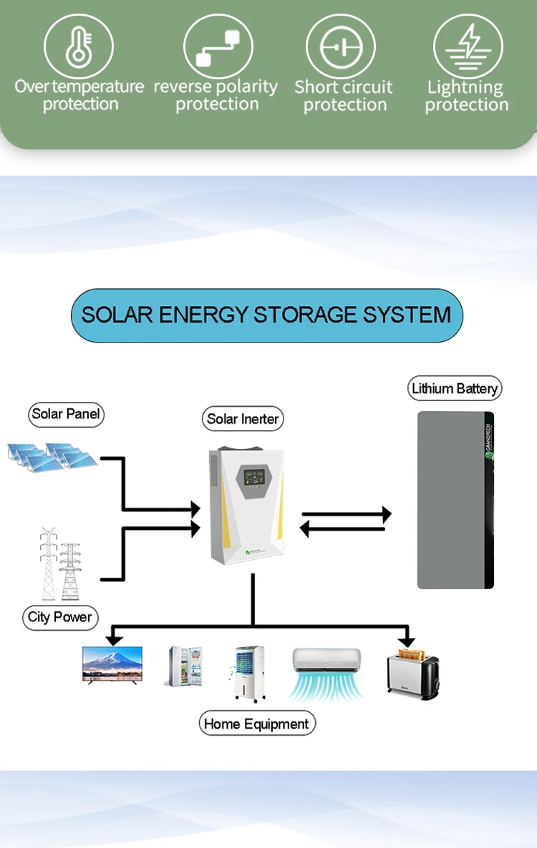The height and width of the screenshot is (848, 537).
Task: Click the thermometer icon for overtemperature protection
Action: tap(79, 46)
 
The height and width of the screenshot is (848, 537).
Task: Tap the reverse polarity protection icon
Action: tap(218, 46)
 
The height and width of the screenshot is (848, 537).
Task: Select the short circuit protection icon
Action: tap(341, 47)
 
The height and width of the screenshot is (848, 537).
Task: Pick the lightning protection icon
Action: tap(468, 47)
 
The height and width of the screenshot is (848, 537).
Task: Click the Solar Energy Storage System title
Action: tap(267, 315)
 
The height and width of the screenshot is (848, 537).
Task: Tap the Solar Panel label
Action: tap(66, 414)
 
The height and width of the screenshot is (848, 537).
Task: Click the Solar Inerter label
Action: tap(243, 418)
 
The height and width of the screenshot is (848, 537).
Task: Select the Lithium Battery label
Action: tap(455, 388)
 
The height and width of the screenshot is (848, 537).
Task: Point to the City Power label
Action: tap(60, 617)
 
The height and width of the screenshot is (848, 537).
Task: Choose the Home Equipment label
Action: tap(256, 724)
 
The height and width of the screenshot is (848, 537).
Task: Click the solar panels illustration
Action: tap(52, 457)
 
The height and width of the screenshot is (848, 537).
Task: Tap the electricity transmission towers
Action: tap(59, 564)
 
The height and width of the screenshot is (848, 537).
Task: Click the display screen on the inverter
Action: tap(253, 477)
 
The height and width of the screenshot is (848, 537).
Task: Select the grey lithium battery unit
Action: tap(455, 501)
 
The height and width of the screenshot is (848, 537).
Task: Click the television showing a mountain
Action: tap(112, 665)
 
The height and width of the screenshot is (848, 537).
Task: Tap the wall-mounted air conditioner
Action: tap(326, 674)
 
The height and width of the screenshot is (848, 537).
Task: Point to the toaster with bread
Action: tap(413, 674)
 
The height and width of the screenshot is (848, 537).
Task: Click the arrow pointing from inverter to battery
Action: tap(347, 514)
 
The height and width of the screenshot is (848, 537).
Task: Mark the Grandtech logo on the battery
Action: tap(489, 440)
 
